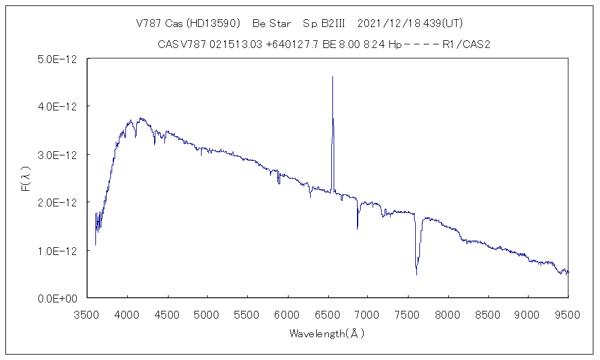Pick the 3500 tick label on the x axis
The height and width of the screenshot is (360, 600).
88,313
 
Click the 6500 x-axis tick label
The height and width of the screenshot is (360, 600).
328,313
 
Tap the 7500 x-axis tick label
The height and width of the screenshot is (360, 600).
408,313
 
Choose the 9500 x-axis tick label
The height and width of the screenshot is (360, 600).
568,313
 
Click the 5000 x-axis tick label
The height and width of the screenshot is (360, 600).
208,313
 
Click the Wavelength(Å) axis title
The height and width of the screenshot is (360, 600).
327,333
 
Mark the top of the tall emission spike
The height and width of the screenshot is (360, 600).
332,77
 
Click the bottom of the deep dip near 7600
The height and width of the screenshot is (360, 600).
416,274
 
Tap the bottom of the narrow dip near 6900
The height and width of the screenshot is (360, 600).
358,229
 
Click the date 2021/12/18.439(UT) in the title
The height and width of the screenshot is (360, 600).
410,23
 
